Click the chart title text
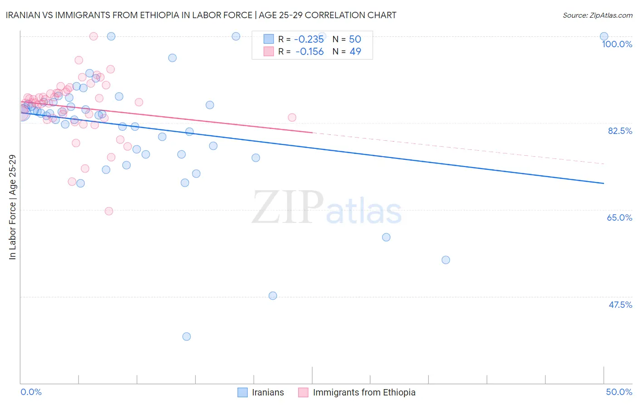201,15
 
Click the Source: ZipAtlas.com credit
597,15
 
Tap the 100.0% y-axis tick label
617,44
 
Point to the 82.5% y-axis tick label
619,131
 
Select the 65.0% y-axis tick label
619,217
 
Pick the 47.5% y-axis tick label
620,305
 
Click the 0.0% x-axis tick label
31,392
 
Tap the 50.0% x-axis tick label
619,392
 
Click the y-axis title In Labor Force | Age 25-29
12,207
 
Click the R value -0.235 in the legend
309,40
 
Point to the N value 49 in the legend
355,52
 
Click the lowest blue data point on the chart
186,336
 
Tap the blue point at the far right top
604,36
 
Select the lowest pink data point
109,211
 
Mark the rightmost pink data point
292,118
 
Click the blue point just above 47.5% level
273,296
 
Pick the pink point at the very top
93,36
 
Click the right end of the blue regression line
604,183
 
